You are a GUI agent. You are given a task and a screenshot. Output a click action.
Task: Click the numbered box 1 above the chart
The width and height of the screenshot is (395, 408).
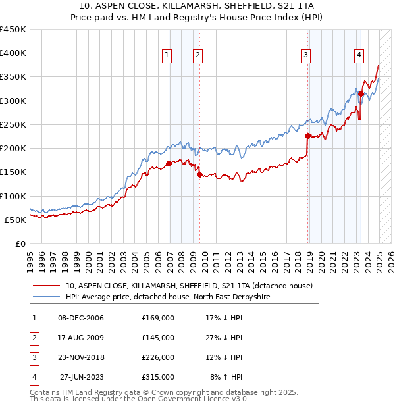pos(167,55)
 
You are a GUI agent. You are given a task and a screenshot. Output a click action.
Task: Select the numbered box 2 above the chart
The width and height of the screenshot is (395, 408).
pos(197,55)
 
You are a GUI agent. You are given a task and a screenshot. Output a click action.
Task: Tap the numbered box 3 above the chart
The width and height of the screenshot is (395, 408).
pos(306,55)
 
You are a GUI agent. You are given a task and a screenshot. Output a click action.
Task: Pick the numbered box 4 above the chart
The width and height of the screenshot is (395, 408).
pos(359,55)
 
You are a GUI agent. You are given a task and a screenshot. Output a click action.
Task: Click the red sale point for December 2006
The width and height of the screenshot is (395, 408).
pos(169,163)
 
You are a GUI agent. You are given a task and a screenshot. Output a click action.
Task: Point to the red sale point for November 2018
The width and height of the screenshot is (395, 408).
pos(308,136)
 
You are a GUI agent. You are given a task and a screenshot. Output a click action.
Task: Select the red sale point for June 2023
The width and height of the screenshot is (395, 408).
pos(361,94)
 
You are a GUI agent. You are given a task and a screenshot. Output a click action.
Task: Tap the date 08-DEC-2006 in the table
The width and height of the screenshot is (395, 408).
pos(80,318)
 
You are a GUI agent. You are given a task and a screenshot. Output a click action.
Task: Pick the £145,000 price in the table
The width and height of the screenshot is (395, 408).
pos(158,338)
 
